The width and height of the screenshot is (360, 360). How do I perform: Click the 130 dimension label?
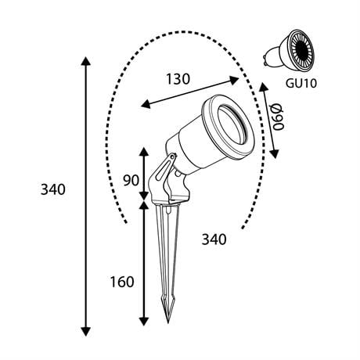pyautogui.click(x=178, y=79)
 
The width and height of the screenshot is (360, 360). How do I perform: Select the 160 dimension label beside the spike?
pyautogui.click(x=122, y=282)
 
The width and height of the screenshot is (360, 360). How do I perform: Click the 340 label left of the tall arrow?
pyautogui.click(x=53, y=189)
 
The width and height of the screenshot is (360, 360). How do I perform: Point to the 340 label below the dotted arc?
pyautogui.click(x=214, y=239)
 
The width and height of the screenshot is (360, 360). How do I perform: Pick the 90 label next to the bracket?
pyautogui.click(x=131, y=180)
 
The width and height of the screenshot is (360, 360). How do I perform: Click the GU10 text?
pyautogui.click(x=301, y=84)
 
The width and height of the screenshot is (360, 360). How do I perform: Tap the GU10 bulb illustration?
pyautogui.click(x=289, y=50)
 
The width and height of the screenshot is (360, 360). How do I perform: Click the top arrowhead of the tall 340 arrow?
pyautogui.click(x=86, y=61)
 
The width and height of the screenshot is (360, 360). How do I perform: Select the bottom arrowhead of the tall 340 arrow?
pyautogui.click(x=86, y=331)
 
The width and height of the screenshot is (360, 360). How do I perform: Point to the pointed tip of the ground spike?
pyautogui.click(x=168, y=322)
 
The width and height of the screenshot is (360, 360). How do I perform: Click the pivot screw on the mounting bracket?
pyautogui.click(x=172, y=157)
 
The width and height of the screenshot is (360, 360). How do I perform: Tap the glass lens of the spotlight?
pyautogui.click(x=232, y=125)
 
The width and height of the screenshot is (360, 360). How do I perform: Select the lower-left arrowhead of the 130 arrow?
pyautogui.click(x=146, y=104)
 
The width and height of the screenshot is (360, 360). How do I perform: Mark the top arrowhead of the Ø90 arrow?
pyautogui.click(x=263, y=87)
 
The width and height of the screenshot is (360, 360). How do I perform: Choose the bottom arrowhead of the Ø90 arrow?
pyautogui.click(x=274, y=153)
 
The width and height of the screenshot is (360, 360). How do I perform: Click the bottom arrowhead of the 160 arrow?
pyautogui.click(x=144, y=322)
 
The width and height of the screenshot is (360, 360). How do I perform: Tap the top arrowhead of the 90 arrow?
pyautogui.click(x=144, y=152)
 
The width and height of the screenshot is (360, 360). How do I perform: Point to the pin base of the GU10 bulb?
pyautogui.click(x=267, y=59)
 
